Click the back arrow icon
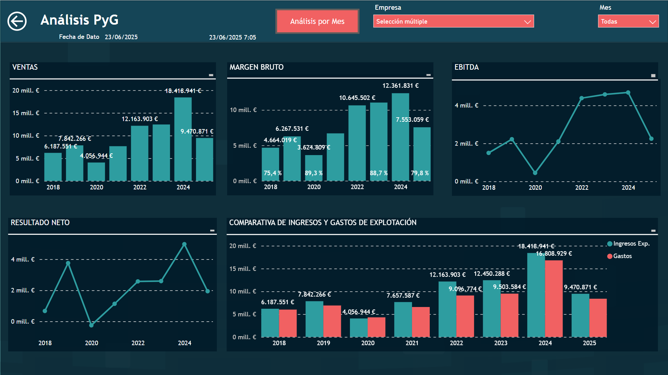[17, 22]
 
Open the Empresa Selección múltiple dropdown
[453, 22]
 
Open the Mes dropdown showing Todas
[628, 22]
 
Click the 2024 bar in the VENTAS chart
[183, 139]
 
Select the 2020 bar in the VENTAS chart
[96, 171]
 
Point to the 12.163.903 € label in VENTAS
[139, 119]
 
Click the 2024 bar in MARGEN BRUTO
[400, 137]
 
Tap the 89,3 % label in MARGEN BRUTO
[314, 173]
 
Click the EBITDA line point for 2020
[535, 173]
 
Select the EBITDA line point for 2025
[651, 139]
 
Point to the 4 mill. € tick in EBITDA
[466, 105]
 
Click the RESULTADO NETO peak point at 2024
[184, 244]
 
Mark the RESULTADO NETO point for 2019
[68, 263]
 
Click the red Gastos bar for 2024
[554, 298]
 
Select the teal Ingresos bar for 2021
[403, 319]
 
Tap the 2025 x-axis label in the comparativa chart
[589, 343]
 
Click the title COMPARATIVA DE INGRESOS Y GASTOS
[323, 223]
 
